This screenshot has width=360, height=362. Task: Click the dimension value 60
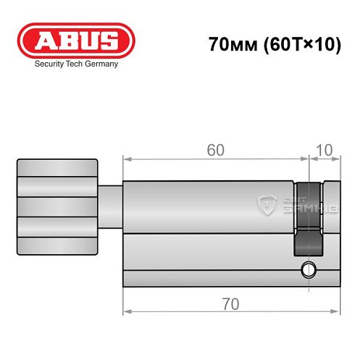coord(215,150)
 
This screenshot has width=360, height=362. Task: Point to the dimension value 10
coord(326,150)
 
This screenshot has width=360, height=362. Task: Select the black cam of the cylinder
coord(307,217)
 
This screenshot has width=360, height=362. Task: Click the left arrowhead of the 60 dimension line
coord(126,159)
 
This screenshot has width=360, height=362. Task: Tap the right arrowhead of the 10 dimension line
coord(337,159)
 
